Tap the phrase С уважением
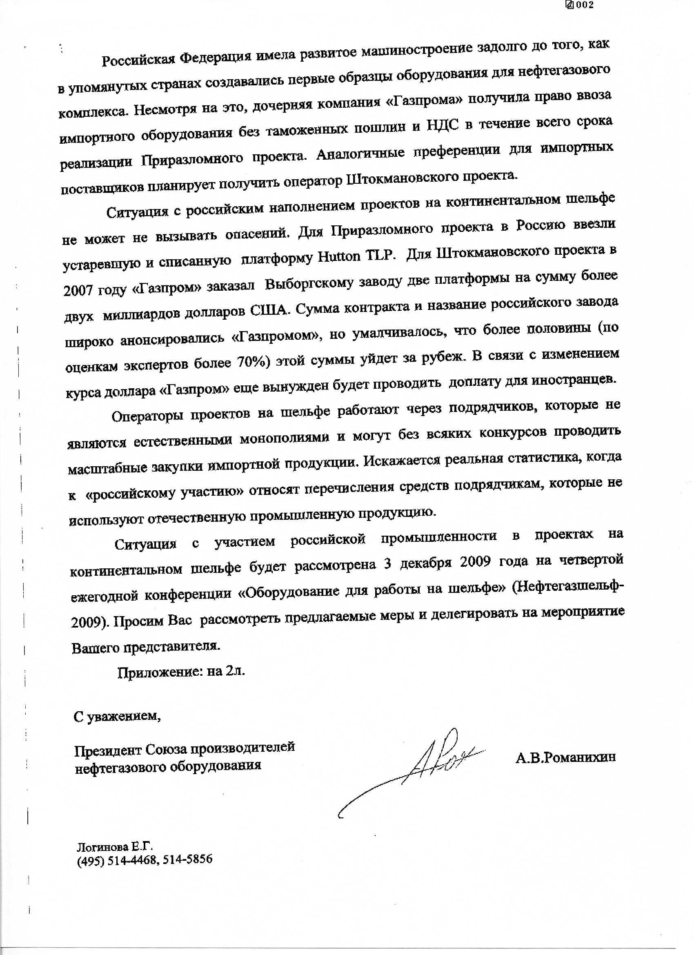coord(117,716)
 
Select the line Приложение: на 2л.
coord(181,671)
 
